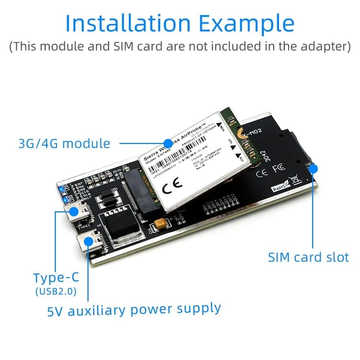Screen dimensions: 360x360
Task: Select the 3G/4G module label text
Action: click(x=64, y=144)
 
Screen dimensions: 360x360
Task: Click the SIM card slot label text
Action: click(x=308, y=257)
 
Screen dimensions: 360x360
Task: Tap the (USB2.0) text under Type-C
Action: click(x=56, y=291)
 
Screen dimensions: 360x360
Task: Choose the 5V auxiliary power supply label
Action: click(x=134, y=310)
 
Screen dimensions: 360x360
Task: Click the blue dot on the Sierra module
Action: click(x=168, y=143)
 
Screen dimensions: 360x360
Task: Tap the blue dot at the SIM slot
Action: click(x=313, y=168)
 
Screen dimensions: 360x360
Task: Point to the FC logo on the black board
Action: click(x=279, y=168)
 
